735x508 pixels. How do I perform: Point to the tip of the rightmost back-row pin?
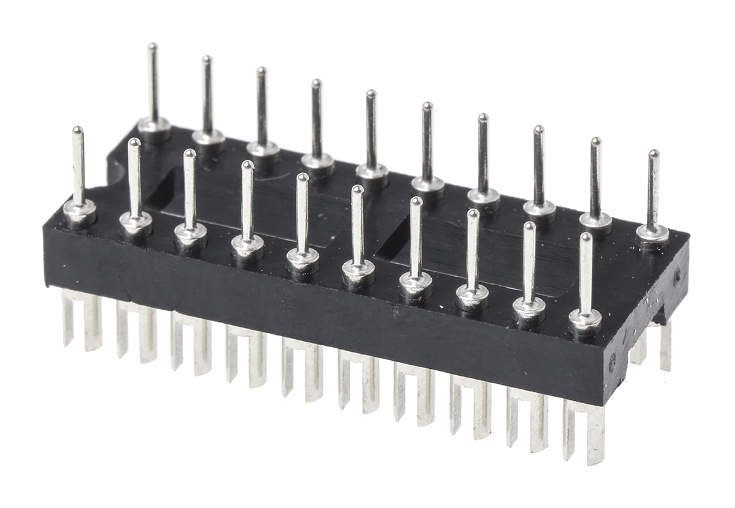point(654,154)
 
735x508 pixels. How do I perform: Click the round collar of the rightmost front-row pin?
point(585,319)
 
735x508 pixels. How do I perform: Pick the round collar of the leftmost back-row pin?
point(154,127)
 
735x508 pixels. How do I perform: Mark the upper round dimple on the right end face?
point(677,277)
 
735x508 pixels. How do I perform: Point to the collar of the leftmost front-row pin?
point(80,211)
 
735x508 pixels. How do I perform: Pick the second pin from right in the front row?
point(529,263)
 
